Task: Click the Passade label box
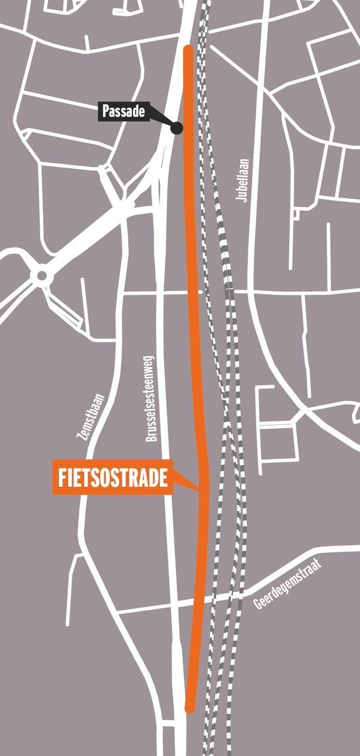123,112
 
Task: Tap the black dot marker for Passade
177,128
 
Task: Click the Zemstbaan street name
91,417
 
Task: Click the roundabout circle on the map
40,274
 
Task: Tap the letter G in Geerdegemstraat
258,604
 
